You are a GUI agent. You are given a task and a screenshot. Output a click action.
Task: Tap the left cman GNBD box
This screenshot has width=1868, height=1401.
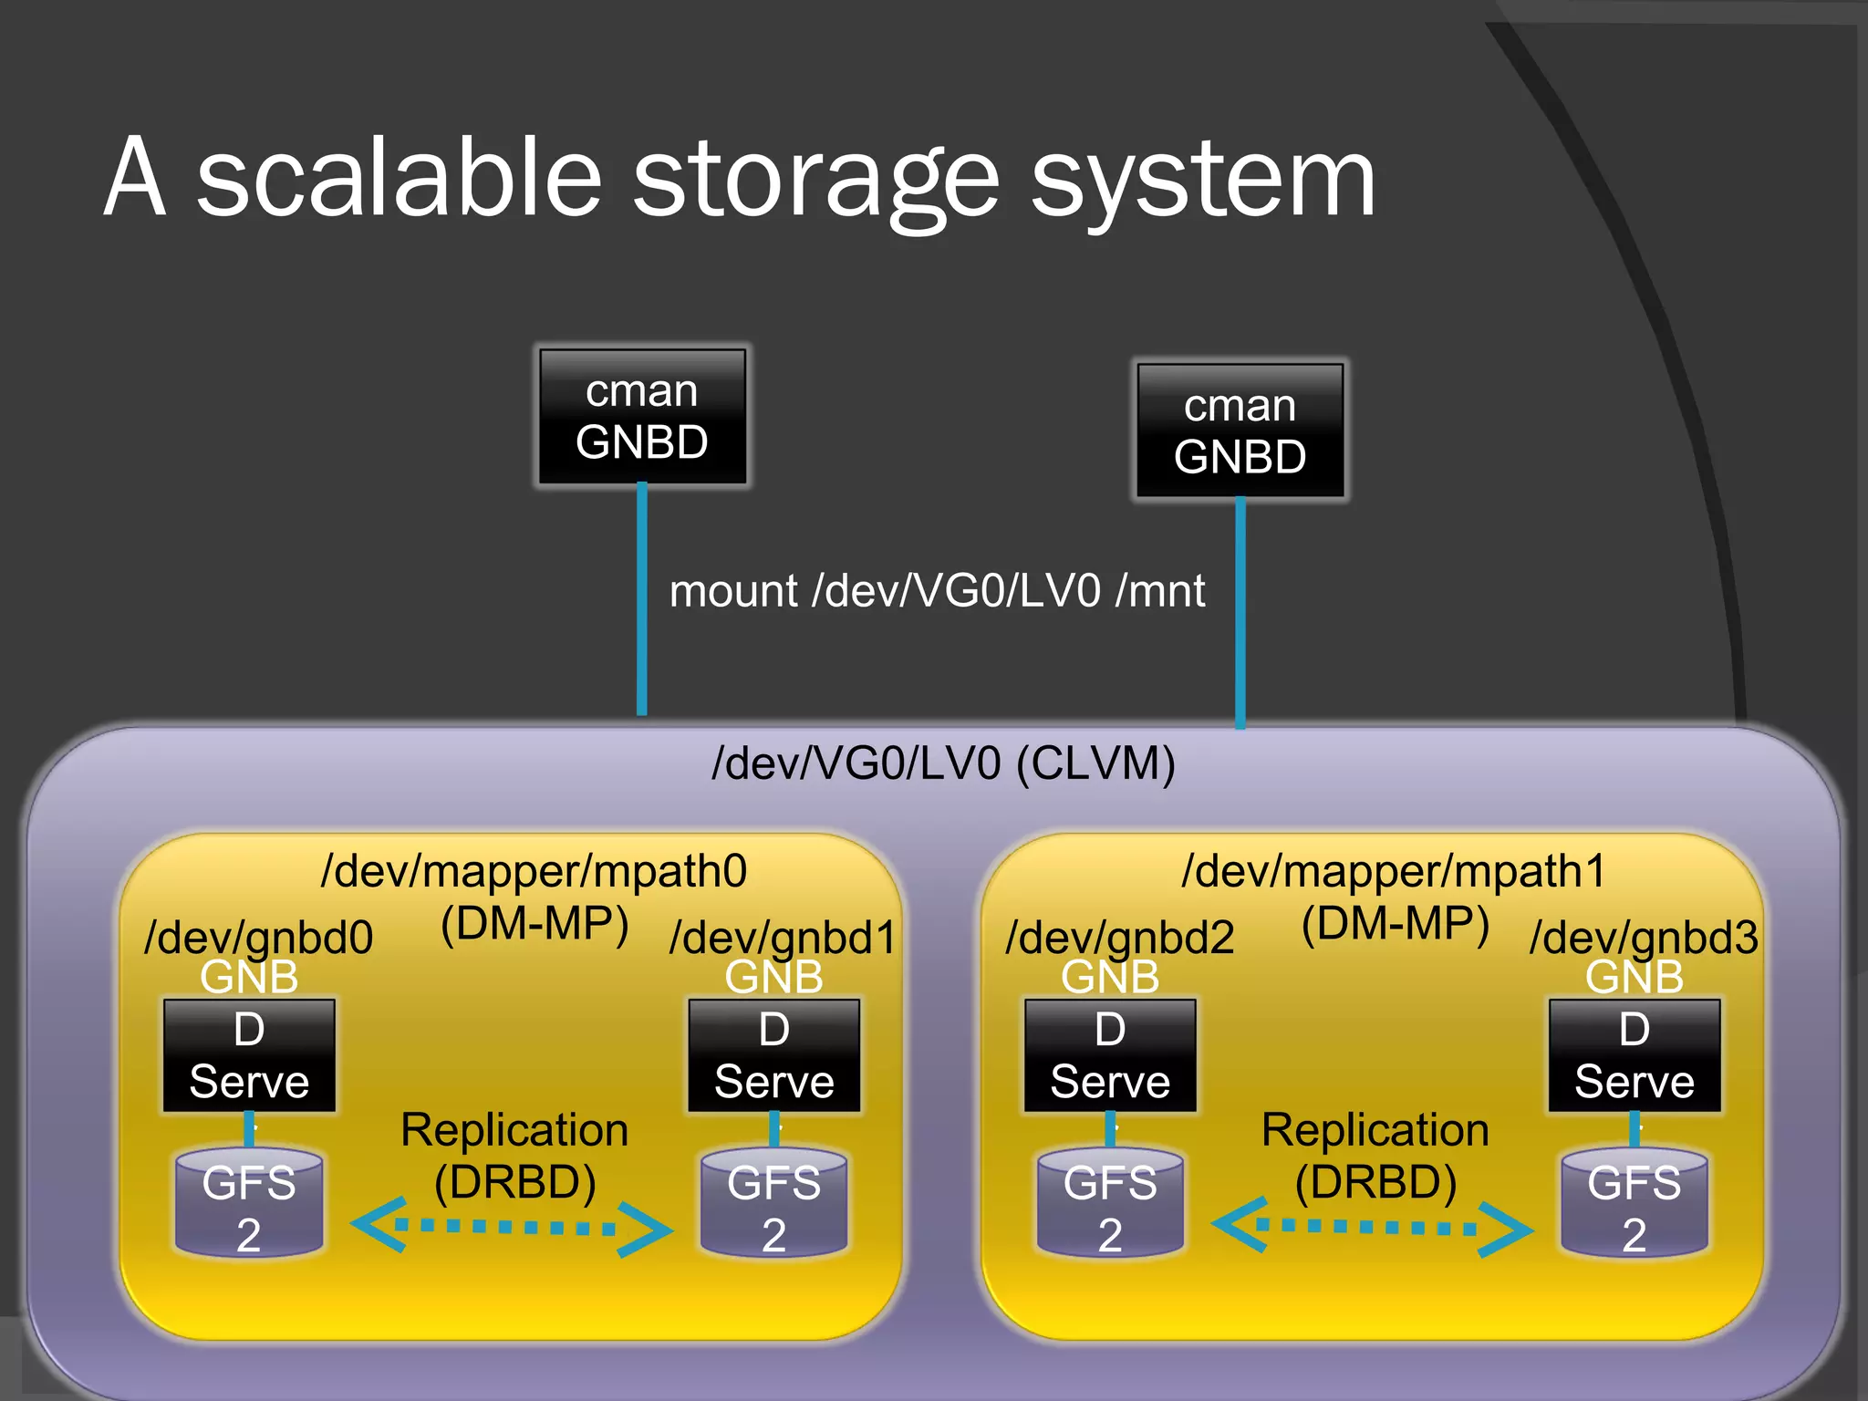642,417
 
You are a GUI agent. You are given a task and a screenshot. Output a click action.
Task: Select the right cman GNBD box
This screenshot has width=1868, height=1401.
1240,431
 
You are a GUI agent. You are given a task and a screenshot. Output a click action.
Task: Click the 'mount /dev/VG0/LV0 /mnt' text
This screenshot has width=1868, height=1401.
937,591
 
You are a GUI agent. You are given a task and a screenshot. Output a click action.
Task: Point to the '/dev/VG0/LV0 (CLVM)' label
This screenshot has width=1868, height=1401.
943,763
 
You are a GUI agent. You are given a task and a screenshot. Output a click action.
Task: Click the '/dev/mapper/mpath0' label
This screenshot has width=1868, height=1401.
534,871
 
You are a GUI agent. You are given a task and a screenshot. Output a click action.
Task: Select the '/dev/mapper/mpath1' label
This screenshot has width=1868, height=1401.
1393,871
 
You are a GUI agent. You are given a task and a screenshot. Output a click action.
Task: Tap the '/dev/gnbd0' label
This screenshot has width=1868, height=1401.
259,937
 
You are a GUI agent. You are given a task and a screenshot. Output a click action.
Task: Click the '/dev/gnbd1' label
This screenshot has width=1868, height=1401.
783,937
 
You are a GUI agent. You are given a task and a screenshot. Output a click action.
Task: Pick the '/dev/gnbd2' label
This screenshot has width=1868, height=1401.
1119,937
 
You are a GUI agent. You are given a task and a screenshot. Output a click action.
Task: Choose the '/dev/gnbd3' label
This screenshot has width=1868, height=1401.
1644,937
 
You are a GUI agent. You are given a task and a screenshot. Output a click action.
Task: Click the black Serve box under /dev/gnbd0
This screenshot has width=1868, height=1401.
249,1056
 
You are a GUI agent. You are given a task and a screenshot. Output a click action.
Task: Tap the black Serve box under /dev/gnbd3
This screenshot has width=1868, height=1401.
1634,1056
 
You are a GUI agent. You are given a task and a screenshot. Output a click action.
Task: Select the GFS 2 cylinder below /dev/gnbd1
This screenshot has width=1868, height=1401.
773,1204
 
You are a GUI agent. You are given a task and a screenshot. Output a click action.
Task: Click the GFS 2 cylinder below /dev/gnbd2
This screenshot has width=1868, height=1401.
1109,1204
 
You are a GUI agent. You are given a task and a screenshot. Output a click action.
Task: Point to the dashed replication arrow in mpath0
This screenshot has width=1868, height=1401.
511,1227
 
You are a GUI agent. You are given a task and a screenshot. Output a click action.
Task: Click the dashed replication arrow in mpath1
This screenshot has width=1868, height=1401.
1371,1227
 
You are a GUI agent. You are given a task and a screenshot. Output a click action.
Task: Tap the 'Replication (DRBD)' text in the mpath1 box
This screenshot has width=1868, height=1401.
1375,1156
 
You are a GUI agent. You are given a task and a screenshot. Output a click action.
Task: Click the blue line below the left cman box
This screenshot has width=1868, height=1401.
642,602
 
